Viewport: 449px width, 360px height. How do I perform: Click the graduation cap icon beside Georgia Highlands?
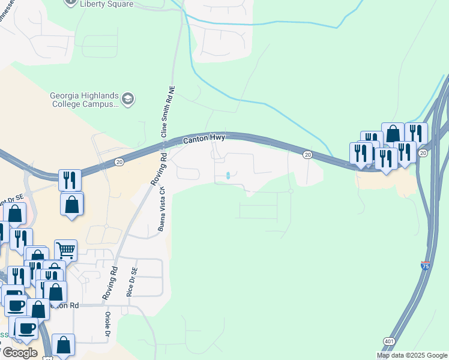tap(128, 99)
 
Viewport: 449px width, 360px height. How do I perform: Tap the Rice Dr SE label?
tap(130, 281)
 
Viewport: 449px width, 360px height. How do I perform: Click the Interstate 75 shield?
tap(425, 265)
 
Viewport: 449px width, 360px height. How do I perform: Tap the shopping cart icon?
tap(65, 249)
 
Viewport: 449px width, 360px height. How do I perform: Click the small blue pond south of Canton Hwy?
tap(228, 175)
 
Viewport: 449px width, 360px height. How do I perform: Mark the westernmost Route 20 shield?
tap(119, 161)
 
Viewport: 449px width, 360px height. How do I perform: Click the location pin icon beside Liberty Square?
tap(71, 3)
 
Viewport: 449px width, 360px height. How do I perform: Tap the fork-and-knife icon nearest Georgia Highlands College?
tap(70, 179)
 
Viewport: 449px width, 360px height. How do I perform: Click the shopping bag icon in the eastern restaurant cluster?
tap(393, 133)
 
